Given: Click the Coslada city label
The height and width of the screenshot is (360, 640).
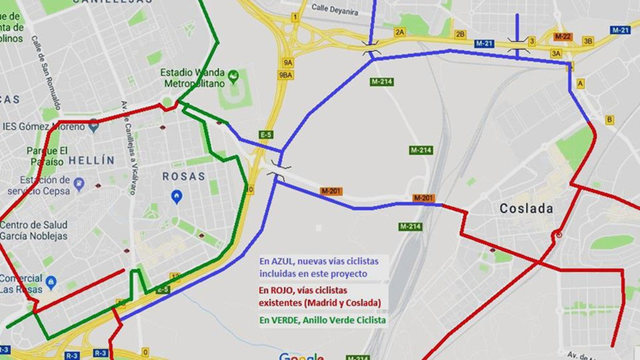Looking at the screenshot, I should [526, 208].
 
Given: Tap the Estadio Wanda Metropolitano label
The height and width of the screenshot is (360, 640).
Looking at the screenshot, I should [192, 78].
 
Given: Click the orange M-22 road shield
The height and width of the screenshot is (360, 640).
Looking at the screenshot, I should [562, 36].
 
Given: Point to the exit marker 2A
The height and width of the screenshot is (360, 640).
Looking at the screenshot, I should [400, 32].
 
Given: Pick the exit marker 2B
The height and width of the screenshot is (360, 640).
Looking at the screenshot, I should [460, 34].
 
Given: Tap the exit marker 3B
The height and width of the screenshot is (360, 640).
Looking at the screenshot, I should [588, 41].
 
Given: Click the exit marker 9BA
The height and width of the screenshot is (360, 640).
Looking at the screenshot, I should [286, 75].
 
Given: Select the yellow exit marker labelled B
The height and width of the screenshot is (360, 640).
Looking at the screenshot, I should [609, 120].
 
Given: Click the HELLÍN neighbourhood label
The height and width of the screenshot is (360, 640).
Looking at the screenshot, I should [92, 160].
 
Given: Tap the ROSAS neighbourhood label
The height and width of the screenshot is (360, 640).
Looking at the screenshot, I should [184, 176].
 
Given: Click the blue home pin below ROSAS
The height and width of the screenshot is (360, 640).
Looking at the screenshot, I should [176, 197].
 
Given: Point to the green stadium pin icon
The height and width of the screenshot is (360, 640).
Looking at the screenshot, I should [234, 75].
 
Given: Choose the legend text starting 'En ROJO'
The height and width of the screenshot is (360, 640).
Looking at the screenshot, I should [320, 296].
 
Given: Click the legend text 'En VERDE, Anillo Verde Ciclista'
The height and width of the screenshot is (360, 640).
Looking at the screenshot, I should [322, 321].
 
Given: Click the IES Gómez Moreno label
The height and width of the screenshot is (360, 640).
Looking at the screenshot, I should [44, 127].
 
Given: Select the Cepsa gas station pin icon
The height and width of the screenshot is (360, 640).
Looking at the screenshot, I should [79, 184].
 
